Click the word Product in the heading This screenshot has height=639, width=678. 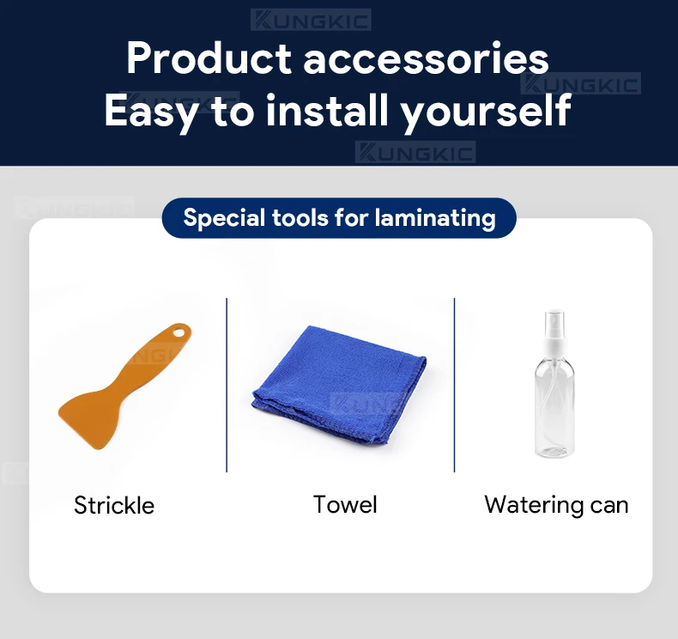209,58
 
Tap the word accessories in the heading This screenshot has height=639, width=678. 426,60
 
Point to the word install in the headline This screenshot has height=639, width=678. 327,109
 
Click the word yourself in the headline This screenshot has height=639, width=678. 486,112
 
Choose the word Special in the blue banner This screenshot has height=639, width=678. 224,217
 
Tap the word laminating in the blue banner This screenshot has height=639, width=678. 435,217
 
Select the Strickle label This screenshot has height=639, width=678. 114,505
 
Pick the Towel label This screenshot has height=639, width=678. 345,504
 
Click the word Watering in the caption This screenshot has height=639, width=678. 534,505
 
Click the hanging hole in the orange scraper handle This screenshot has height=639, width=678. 179,332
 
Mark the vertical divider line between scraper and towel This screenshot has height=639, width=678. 227,385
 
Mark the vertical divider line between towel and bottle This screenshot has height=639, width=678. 455,385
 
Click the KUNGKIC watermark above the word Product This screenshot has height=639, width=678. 311,20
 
